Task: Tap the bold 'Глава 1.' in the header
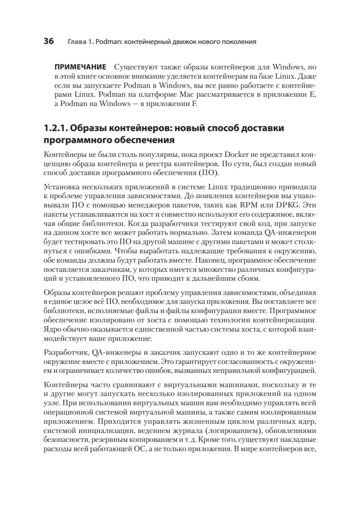click(x=80, y=42)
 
